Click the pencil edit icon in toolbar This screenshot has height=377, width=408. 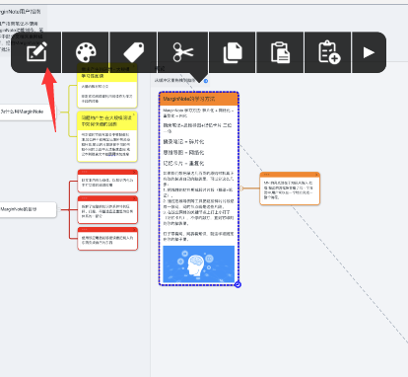pyautogui.click(x=37, y=52)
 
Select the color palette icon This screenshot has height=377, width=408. pyautogui.click(x=86, y=52)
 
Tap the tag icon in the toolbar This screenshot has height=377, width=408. pyautogui.click(x=133, y=52)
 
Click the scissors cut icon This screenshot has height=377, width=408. pyautogui.click(x=183, y=52)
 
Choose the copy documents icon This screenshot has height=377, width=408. pyautogui.click(x=233, y=52)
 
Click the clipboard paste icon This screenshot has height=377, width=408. pyautogui.click(x=280, y=52)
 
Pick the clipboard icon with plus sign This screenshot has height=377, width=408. pyautogui.click(x=328, y=52)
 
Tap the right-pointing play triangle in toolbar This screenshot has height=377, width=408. pyautogui.click(x=370, y=52)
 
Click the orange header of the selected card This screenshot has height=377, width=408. pyautogui.click(x=198, y=99)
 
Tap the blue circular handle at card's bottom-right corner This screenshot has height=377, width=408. pyautogui.click(x=238, y=284)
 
